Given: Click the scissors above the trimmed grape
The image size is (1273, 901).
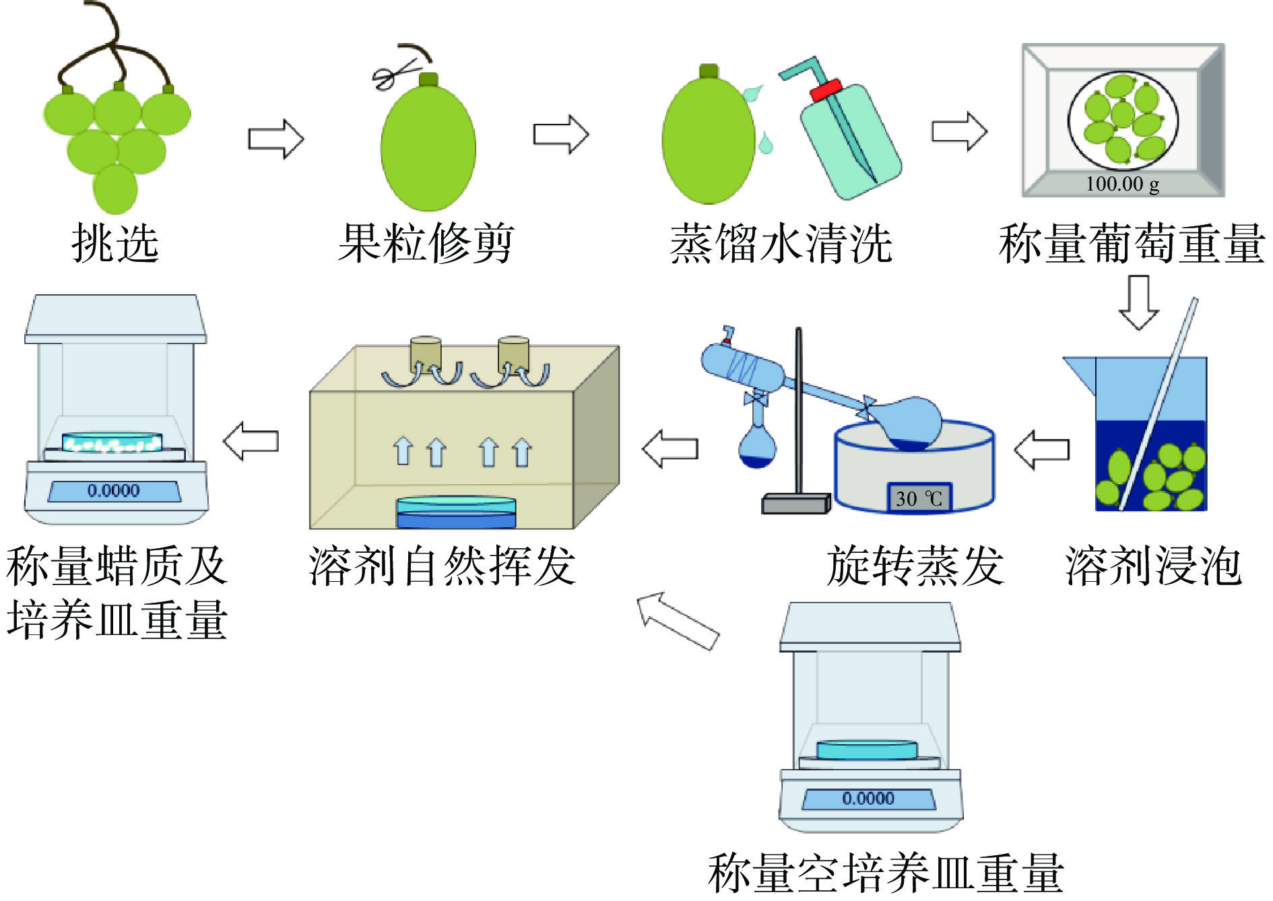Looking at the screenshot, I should [394, 73].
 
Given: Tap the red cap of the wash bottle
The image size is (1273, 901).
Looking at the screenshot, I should [826, 90].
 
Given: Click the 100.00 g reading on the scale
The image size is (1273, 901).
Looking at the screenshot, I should [1122, 184].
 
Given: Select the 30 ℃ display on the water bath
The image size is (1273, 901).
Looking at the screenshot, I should [919, 498].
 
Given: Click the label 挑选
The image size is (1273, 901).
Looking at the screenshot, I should [115, 243].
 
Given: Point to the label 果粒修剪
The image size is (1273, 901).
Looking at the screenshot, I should [426, 243].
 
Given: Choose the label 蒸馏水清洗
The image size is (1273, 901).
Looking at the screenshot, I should [781, 244].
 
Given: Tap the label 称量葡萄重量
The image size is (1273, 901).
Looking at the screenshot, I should [1132, 244].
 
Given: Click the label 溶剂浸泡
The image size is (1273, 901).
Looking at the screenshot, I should [1153, 566].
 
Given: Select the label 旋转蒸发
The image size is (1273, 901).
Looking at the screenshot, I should [915, 566].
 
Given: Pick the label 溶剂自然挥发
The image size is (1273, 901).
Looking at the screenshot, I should [443, 566].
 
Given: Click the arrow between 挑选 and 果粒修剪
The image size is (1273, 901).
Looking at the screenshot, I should [276, 139].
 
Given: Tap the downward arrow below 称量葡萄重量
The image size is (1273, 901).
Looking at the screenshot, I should [1138, 302].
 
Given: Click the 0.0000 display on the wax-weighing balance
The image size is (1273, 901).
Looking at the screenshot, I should [114, 490].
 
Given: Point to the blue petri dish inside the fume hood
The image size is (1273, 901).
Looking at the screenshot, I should [456, 512].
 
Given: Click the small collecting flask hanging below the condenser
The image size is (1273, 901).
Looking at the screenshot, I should [757, 447].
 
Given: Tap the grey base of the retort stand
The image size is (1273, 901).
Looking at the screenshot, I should [795, 504].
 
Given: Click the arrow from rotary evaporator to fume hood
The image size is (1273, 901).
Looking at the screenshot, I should [670, 448].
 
